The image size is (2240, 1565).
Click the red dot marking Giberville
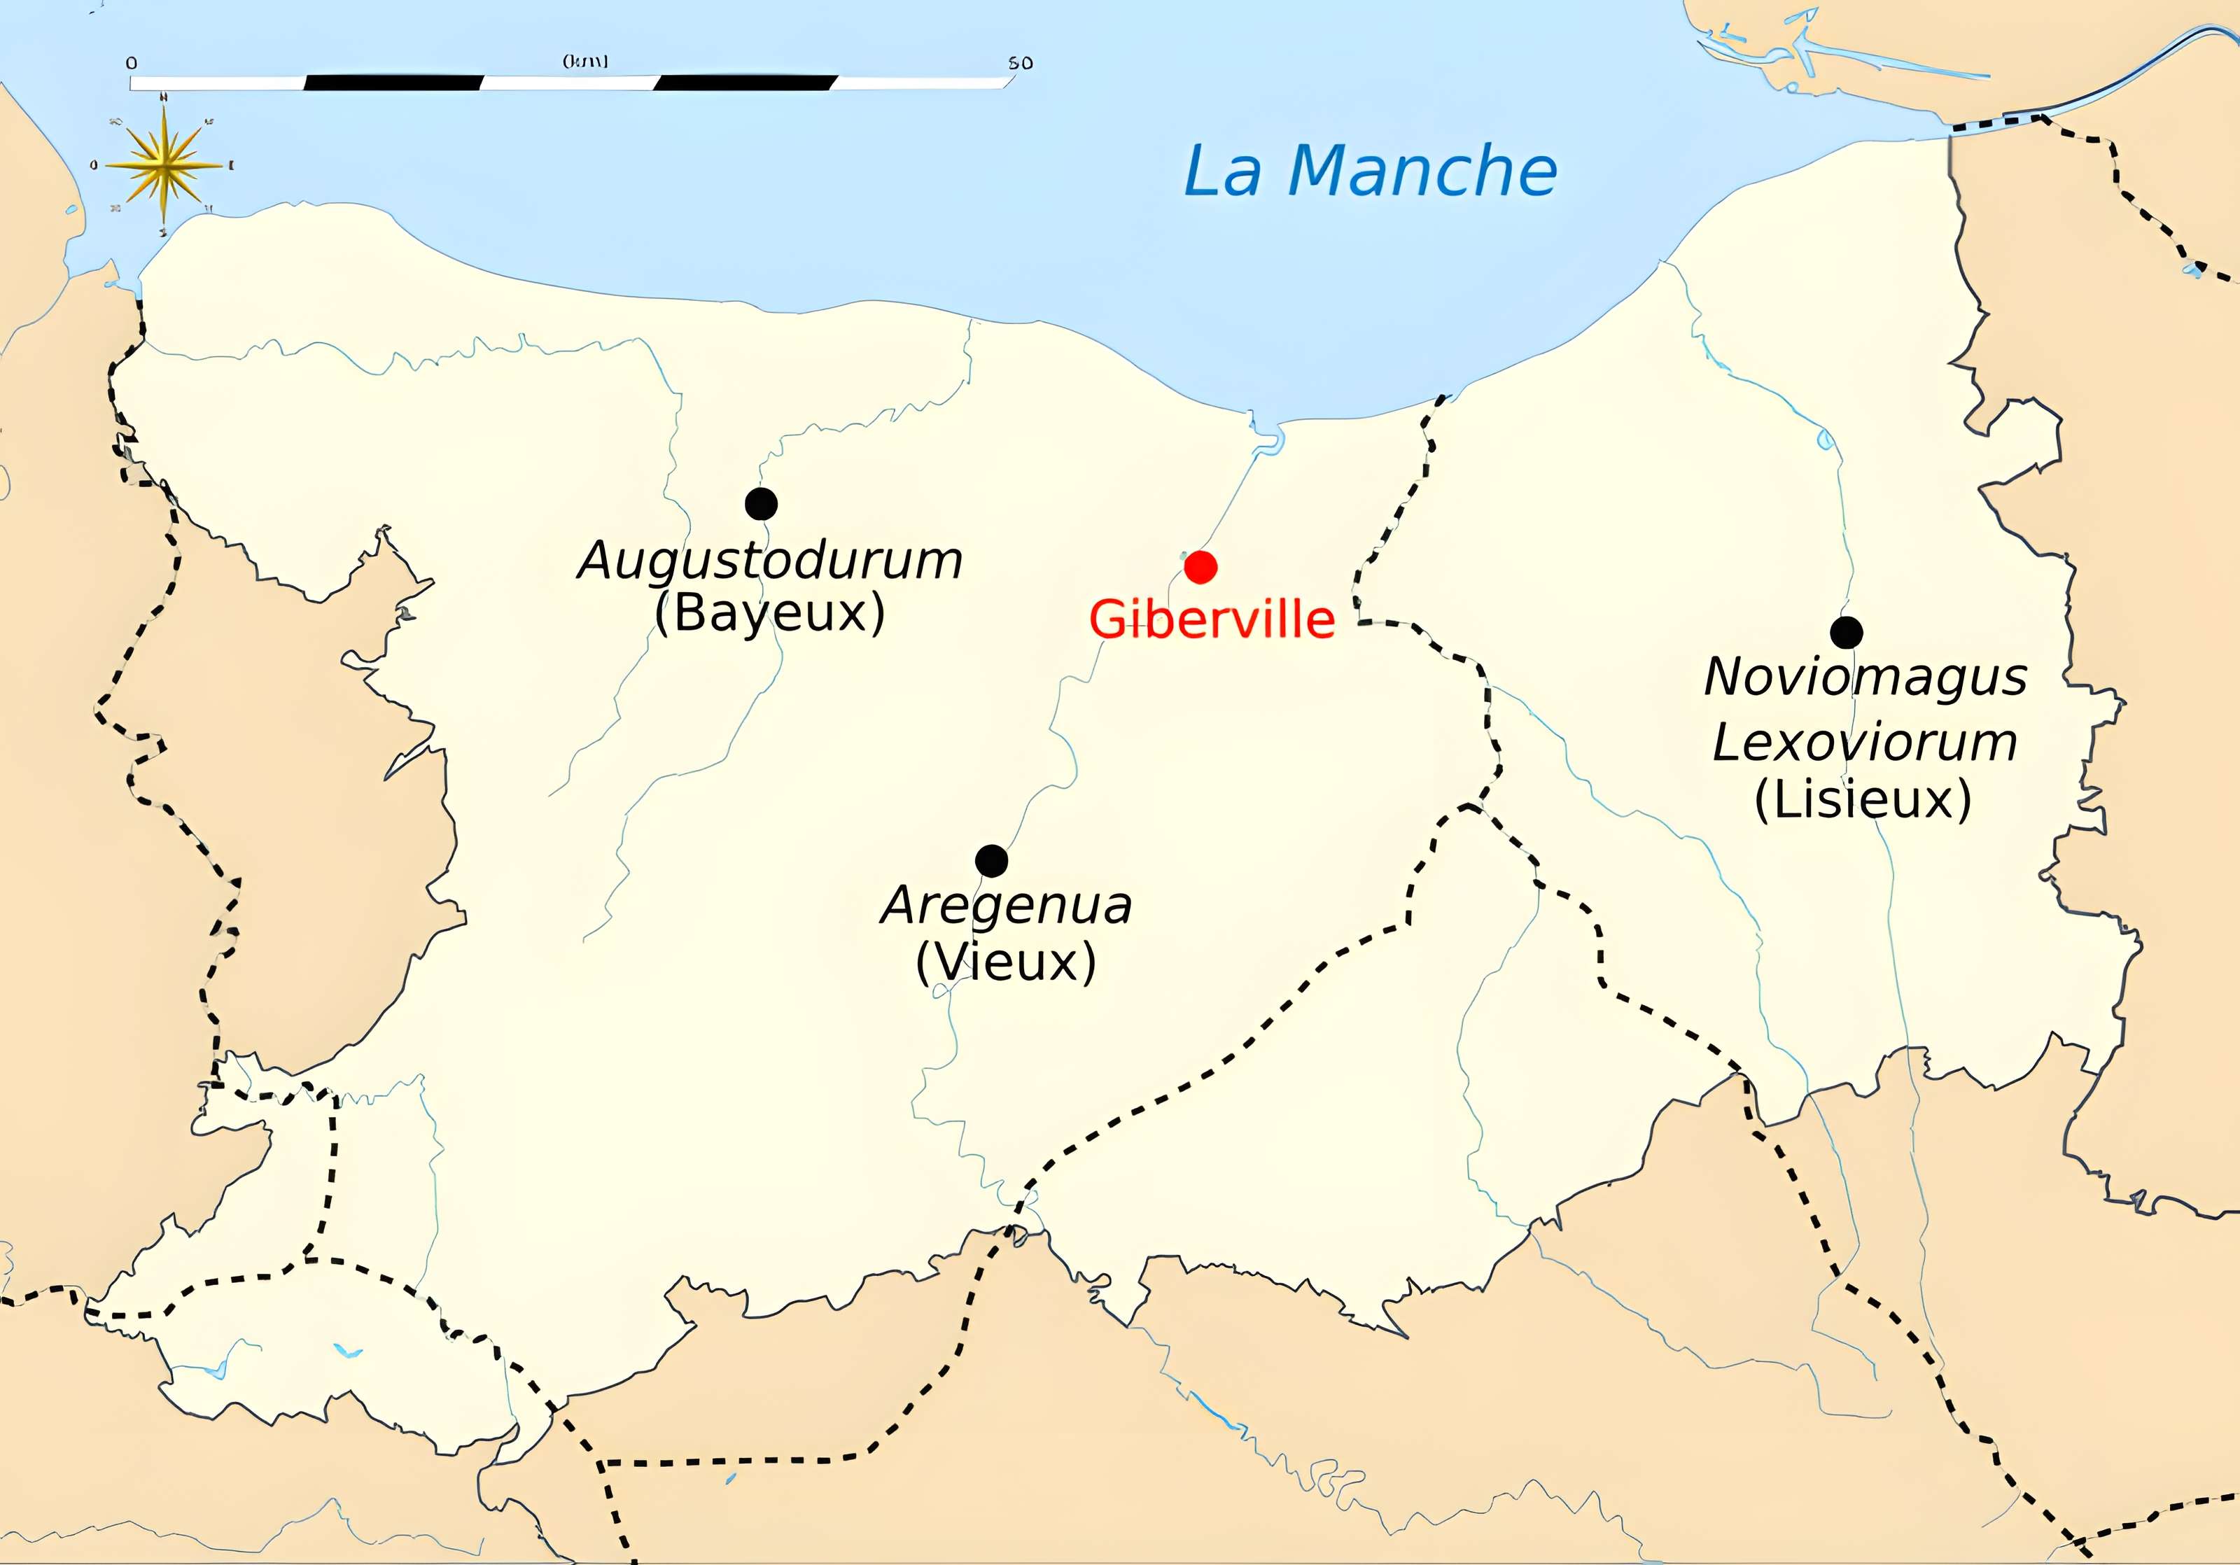tap(1200, 566)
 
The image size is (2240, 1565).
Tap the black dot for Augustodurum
tap(761, 503)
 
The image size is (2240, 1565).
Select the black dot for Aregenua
tap(991, 861)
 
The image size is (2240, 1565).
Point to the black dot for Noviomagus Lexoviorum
tap(1846, 632)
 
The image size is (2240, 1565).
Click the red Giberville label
tap(1212, 619)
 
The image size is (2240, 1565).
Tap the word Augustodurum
tap(770, 561)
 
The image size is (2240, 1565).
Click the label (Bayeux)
tap(770, 612)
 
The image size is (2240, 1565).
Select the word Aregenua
tap(1006, 906)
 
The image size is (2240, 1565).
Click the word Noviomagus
tap(1865, 677)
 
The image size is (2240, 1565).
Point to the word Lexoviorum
tap(1865, 743)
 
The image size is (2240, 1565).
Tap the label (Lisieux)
tap(1863, 800)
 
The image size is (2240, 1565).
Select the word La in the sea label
tap(1221, 171)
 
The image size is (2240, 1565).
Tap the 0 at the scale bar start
tap(132, 64)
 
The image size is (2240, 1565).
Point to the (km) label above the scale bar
tap(585, 62)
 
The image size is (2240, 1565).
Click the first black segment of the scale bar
tap(393, 83)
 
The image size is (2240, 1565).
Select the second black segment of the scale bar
tap(745, 83)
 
